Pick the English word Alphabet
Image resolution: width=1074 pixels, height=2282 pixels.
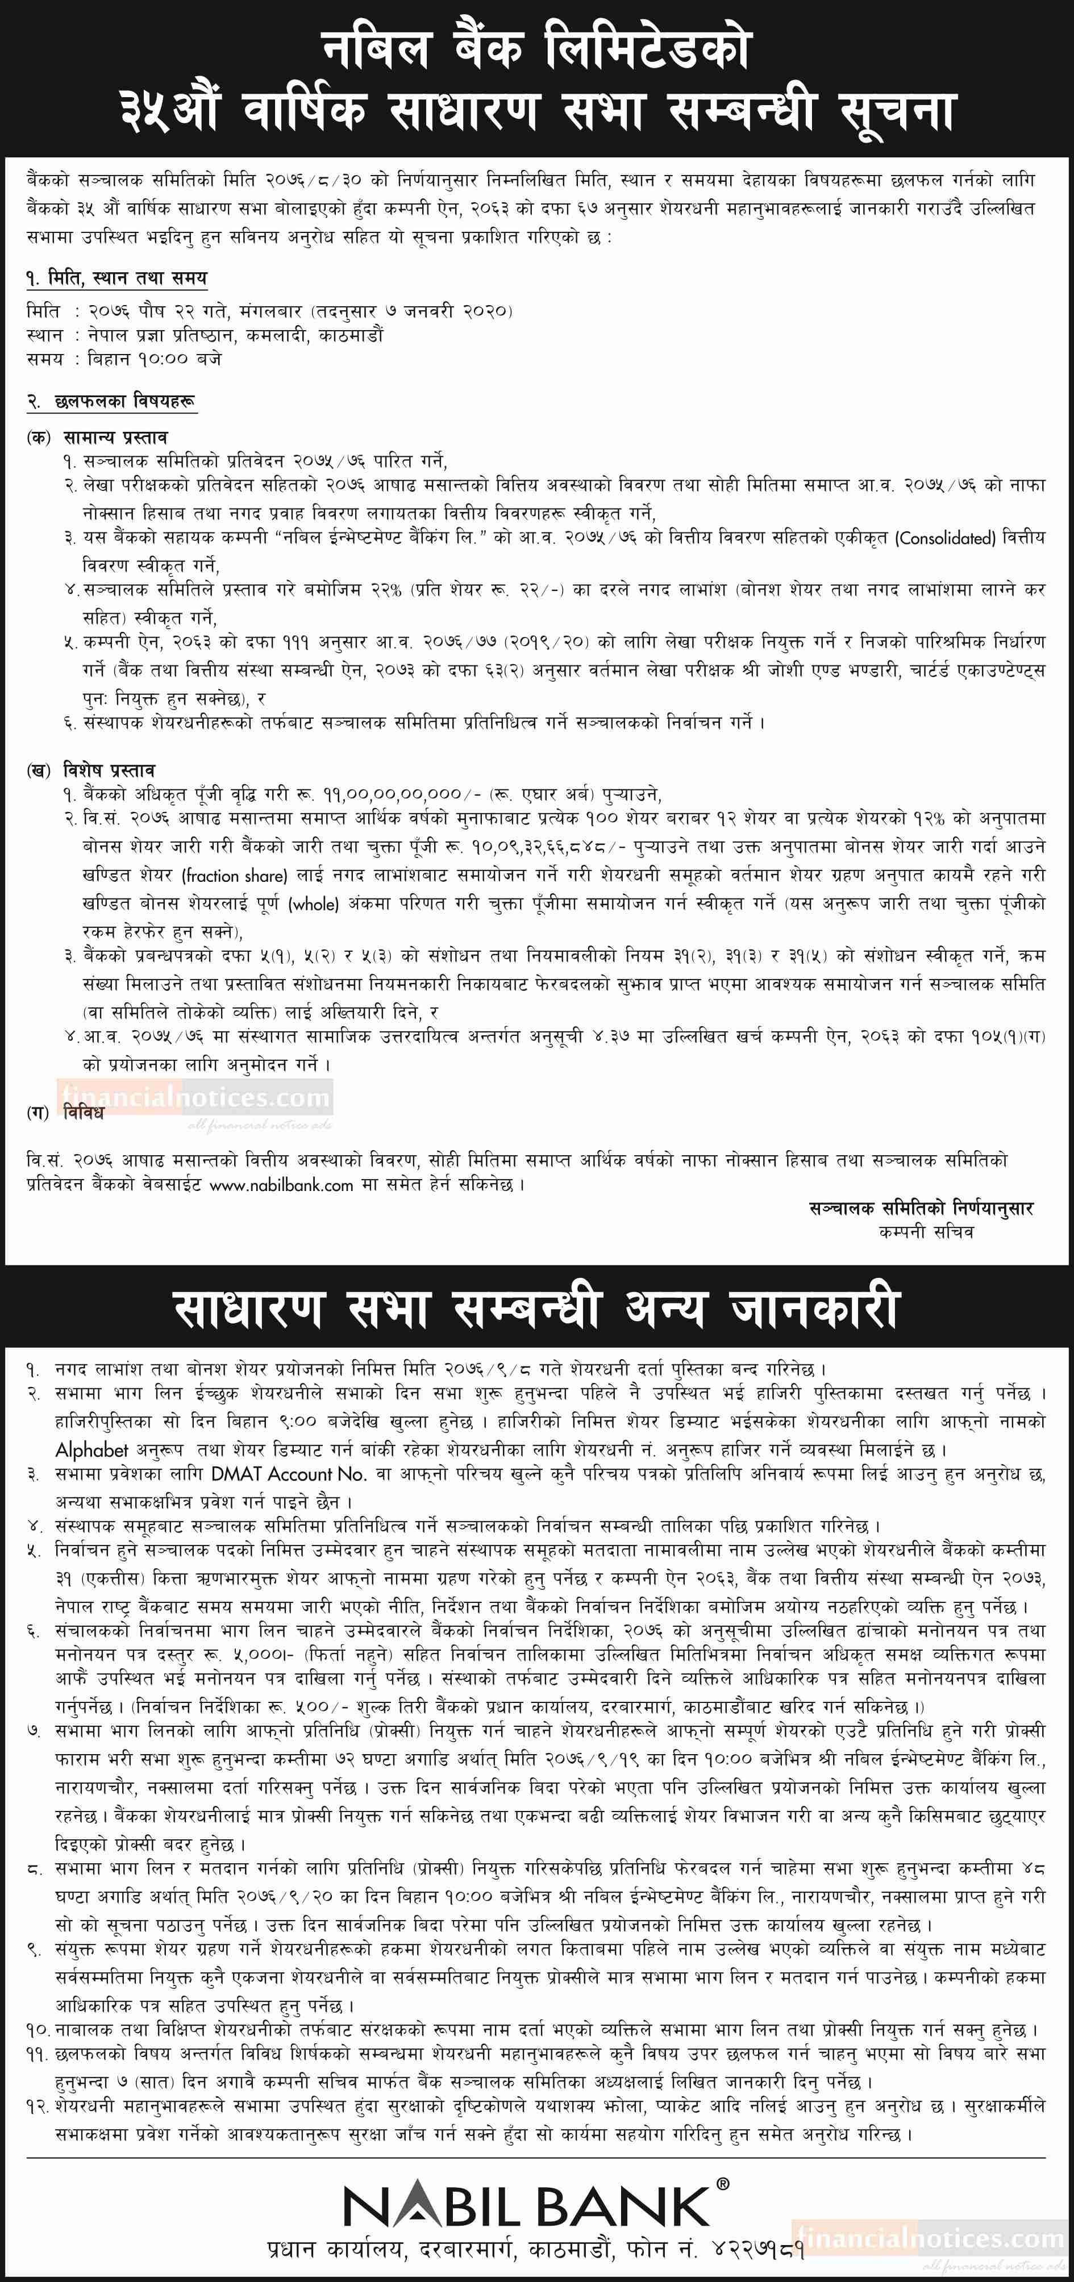[92, 1450]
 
